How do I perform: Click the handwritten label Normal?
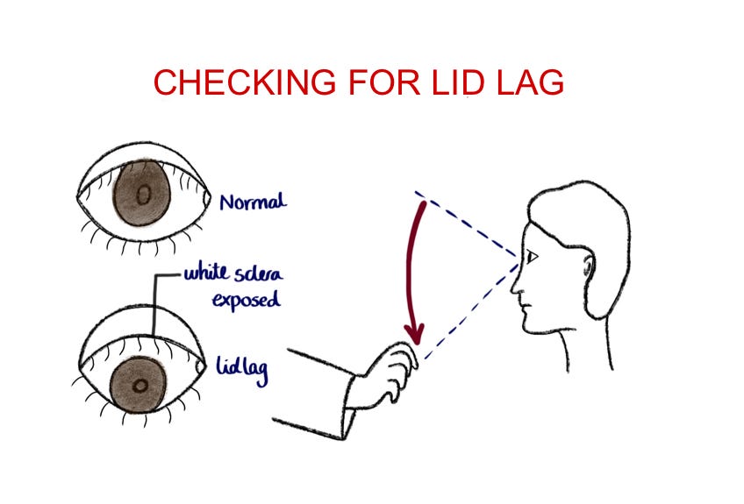[x=253, y=202]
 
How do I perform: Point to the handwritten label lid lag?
[x=241, y=368]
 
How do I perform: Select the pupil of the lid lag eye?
[x=139, y=384]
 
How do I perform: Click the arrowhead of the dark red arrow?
[x=414, y=334]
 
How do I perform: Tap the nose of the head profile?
[x=516, y=286]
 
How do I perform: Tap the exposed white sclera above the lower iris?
[x=140, y=344]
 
